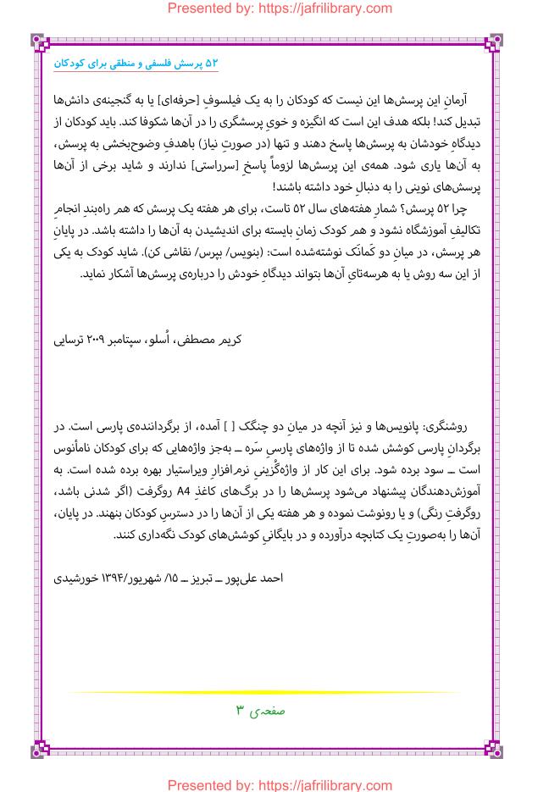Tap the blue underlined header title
[136, 63]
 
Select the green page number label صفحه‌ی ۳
[260, 711]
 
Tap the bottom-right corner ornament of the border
[493, 749]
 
